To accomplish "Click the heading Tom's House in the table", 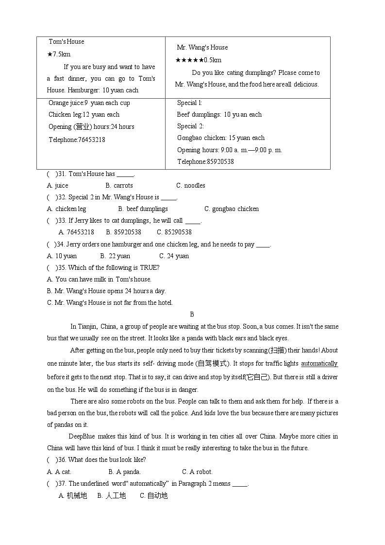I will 67,42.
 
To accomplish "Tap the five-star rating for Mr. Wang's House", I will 189,60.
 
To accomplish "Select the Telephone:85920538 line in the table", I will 205,162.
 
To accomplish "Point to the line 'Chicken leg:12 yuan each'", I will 84,115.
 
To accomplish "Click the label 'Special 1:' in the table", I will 189,103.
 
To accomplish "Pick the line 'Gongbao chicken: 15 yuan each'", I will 221,138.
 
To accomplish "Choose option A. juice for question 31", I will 58,186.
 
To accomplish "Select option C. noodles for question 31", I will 191,186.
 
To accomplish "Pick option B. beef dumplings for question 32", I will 143,209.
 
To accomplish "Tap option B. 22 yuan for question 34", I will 116,256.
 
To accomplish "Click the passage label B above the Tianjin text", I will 192,315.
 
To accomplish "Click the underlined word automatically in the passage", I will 319,364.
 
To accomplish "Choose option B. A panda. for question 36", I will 125,472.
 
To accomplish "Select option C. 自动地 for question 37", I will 154,496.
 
